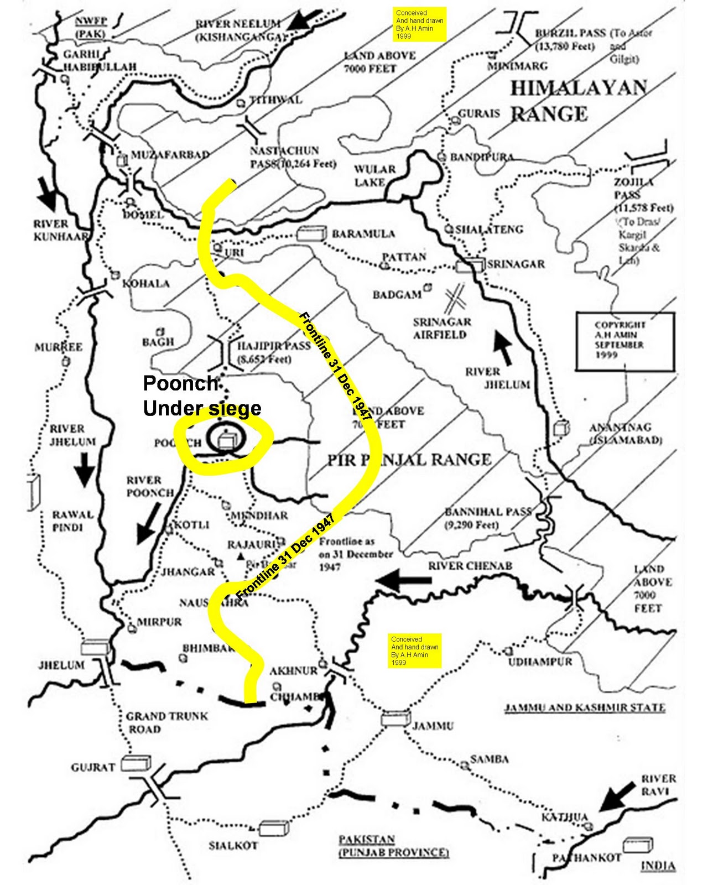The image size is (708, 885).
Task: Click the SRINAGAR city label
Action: (x=516, y=264)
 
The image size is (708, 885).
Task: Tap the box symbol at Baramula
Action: (x=311, y=233)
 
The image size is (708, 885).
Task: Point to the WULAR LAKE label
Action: (x=374, y=175)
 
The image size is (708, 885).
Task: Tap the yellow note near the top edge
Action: (x=419, y=24)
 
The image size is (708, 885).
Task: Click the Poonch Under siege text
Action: (x=201, y=395)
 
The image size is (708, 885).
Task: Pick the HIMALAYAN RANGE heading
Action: (x=577, y=101)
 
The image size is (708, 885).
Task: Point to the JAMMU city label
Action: (x=433, y=726)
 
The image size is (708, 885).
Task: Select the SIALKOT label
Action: (x=233, y=845)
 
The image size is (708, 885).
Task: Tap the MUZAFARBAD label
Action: (x=170, y=155)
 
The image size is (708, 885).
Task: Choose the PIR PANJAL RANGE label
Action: (x=409, y=460)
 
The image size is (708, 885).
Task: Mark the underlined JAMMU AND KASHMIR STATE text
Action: (x=584, y=707)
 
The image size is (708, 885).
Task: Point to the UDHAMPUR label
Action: (x=540, y=662)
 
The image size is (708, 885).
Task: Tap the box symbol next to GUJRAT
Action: (x=136, y=764)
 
